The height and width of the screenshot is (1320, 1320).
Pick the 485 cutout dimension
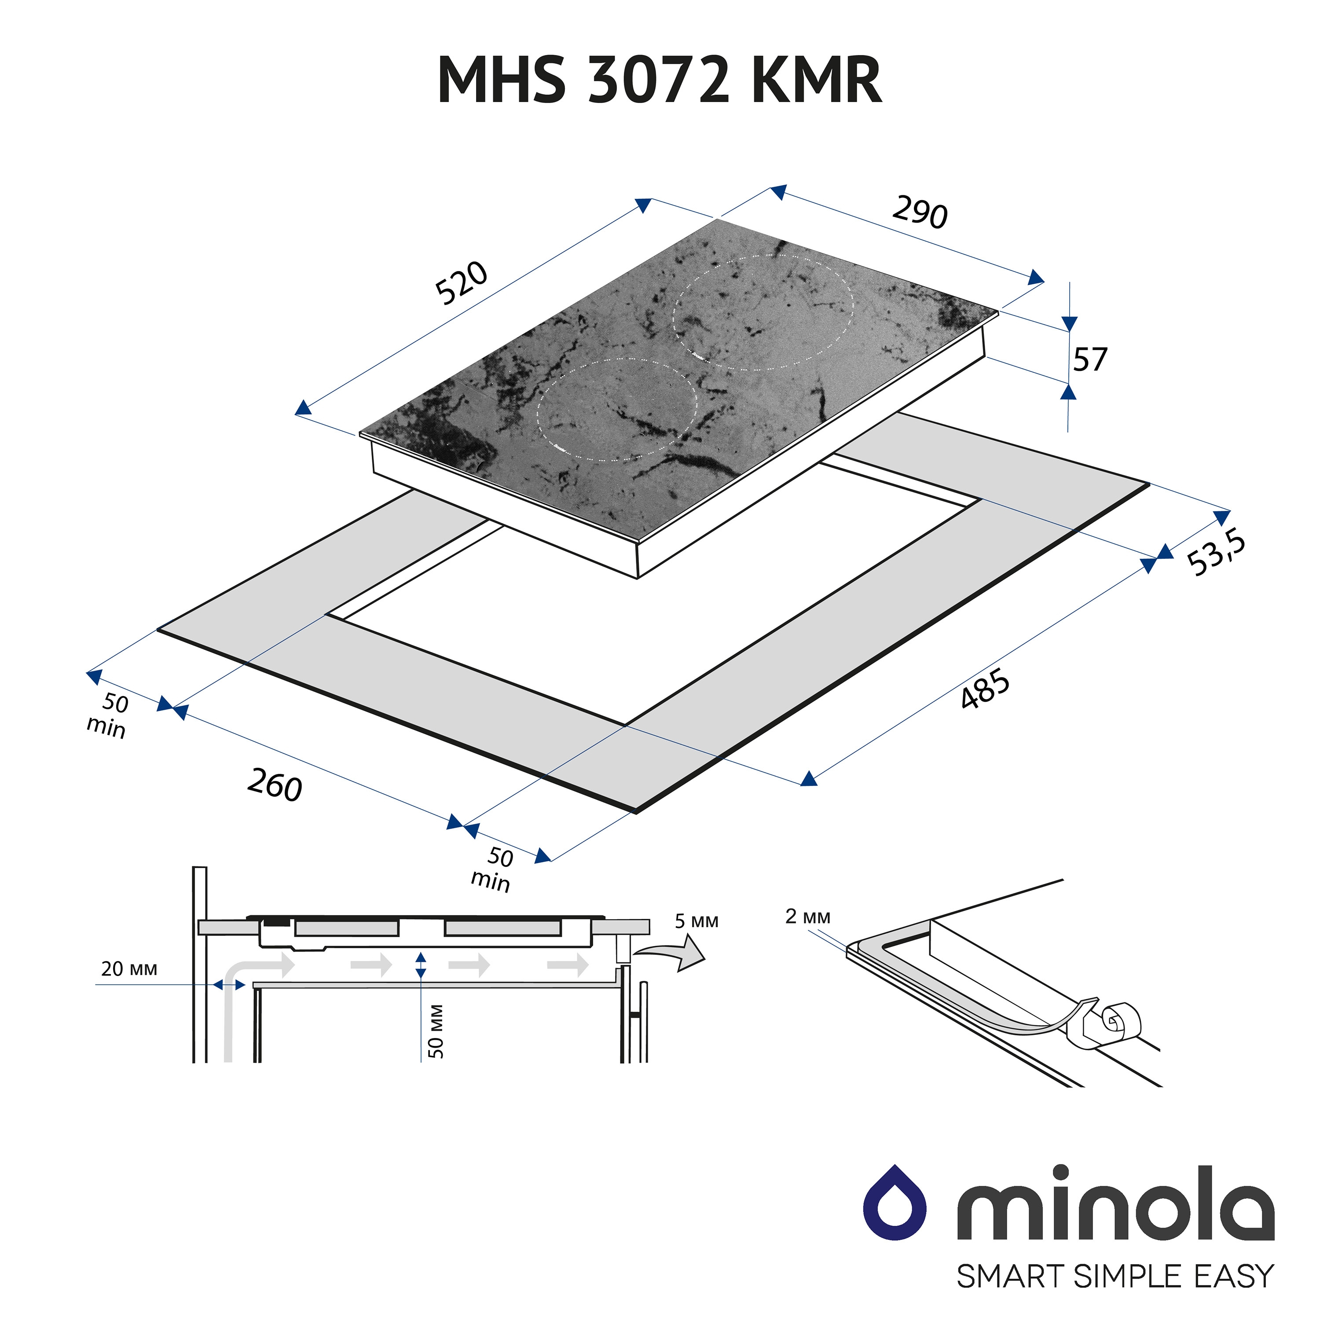(985, 688)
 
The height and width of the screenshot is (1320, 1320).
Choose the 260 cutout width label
(275, 785)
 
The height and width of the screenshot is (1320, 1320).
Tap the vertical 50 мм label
(436, 1031)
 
